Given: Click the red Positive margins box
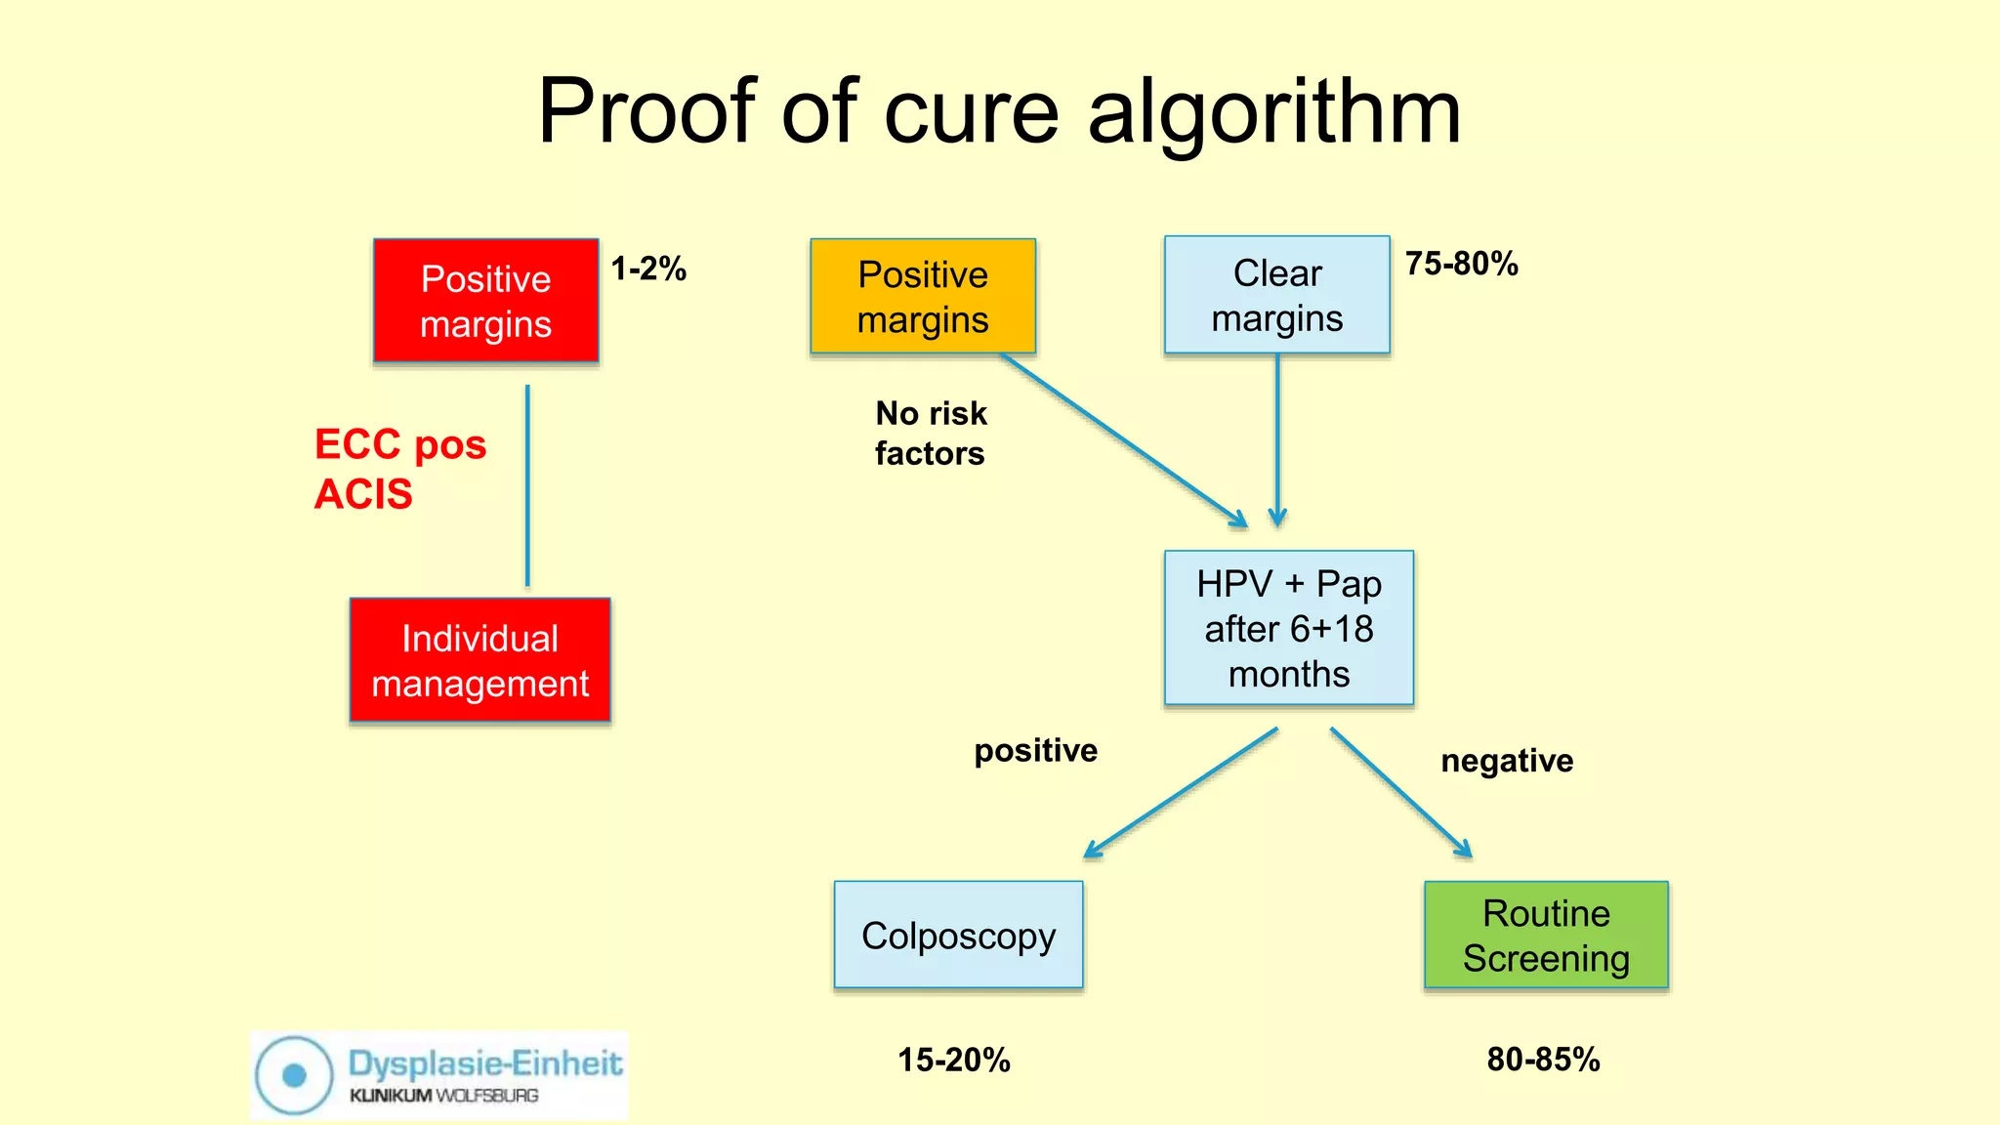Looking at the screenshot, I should click(x=485, y=301).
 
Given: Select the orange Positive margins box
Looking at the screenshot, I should click(x=922, y=296).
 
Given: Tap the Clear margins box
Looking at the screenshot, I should click(x=1276, y=295).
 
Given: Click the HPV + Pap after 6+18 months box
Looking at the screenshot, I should click(x=1288, y=628).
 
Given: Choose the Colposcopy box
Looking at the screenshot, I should click(x=958, y=936).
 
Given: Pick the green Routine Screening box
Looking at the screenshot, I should click(x=1546, y=936).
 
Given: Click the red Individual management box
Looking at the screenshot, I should click(x=479, y=660).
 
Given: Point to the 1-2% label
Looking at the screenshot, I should click(x=648, y=269).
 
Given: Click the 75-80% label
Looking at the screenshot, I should click(x=1461, y=264).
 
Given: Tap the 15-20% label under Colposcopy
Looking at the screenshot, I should click(x=953, y=1060).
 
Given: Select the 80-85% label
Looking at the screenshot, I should click(x=1543, y=1060).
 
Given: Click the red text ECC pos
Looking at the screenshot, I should click(x=400, y=444).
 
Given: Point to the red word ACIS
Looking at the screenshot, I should click(x=363, y=494).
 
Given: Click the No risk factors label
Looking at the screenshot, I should click(x=931, y=433).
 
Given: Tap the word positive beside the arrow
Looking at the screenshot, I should click(x=1035, y=750).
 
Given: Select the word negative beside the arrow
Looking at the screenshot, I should click(x=1506, y=761).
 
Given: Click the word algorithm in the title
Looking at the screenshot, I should click(x=1274, y=112).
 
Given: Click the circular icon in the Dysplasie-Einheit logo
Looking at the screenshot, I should click(x=294, y=1075).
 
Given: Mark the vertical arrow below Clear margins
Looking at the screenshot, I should click(x=1276, y=439).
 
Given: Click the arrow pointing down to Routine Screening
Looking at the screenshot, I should click(x=1399, y=792).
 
